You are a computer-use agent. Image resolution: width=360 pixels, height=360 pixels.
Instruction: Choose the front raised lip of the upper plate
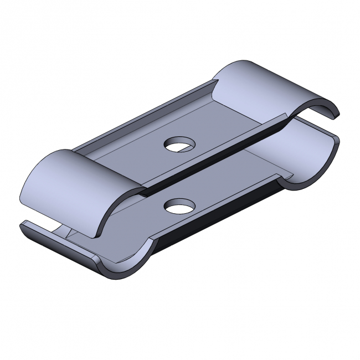click(x=222, y=150)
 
